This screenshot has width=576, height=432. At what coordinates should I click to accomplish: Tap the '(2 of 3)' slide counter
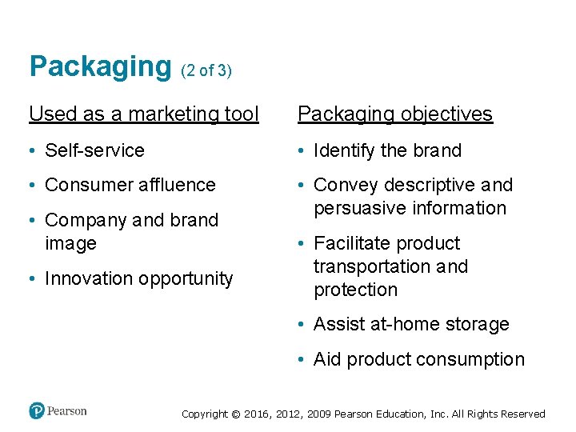click(206, 70)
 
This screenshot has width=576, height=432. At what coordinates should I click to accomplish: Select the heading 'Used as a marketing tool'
click(144, 114)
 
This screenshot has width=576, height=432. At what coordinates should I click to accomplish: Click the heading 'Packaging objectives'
click(394, 114)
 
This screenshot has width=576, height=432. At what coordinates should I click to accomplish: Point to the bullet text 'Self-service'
click(94, 150)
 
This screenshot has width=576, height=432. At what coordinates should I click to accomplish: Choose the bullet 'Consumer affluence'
click(130, 185)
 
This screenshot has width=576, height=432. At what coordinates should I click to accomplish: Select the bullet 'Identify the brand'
click(387, 150)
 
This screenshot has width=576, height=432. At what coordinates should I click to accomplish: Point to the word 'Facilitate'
click(353, 243)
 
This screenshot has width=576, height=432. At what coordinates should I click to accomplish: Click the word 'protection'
click(355, 290)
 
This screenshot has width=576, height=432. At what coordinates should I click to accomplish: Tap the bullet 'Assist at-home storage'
click(411, 324)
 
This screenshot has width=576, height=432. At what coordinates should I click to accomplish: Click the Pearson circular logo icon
click(37, 411)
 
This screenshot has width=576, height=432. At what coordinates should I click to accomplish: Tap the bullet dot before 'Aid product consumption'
click(302, 360)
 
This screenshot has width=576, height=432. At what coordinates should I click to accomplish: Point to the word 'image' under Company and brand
click(70, 243)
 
